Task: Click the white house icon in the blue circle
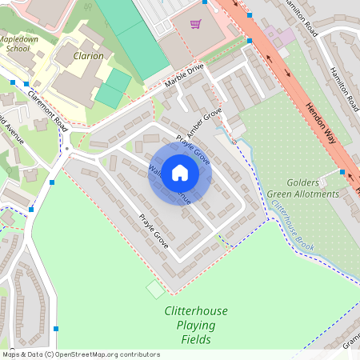pos(180,173)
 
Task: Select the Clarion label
pos(89,56)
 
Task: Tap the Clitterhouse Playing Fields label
pos(190,325)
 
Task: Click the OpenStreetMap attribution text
pos(80,354)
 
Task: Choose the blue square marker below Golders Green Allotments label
pos(342,172)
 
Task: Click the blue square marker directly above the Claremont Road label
pos(26,83)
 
